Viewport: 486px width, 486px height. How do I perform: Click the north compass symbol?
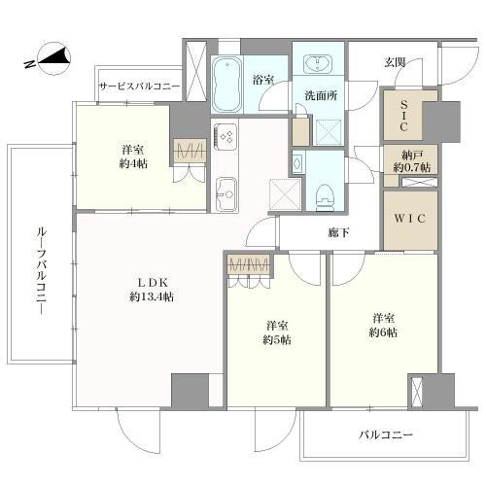(x=52, y=61)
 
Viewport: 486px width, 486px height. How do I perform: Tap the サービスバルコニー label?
(x=139, y=87)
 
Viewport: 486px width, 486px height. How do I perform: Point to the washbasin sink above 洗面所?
(x=317, y=65)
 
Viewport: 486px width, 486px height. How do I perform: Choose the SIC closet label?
(x=401, y=118)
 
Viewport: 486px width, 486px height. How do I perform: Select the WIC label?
(x=408, y=219)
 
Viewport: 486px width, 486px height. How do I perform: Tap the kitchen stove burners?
(x=226, y=138)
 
